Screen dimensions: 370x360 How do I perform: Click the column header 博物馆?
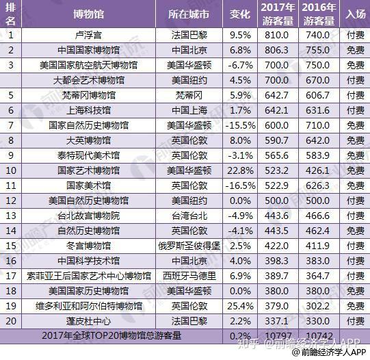(88, 14)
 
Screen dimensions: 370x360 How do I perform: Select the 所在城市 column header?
(189, 14)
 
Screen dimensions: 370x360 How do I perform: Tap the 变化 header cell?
(240, 14)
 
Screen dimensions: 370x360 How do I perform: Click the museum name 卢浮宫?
(88, 35)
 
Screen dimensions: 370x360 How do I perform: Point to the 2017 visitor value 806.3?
(276, 50)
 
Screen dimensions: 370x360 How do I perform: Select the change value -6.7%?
(241, 65)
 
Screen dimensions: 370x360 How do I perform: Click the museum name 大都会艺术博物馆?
(88, 80)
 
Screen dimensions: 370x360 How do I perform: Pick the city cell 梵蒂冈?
(189, 95)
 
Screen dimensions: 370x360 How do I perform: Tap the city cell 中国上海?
(189, 110)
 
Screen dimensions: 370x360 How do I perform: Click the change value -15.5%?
(241, 125)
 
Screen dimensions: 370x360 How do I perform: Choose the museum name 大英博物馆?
(88, 140)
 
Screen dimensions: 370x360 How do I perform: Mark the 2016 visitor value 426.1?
(317, 170)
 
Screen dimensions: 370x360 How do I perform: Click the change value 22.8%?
(241, 170)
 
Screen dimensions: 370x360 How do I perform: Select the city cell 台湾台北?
(189, 216)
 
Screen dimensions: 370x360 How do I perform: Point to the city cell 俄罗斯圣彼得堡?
(189, 246)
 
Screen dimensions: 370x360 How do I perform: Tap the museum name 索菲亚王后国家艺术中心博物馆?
(88, 276)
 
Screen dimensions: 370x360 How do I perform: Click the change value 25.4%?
(241, 306)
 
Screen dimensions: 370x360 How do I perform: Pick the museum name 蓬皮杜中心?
(88, 321)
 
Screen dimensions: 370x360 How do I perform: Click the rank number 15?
(11, 246)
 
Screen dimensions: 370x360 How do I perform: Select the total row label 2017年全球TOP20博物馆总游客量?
(111, 335)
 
